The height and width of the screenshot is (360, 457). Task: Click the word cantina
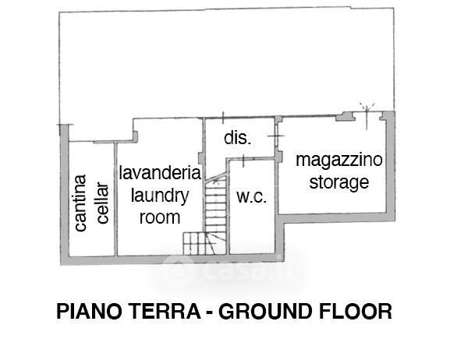pos(80,203)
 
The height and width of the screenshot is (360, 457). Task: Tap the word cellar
pos(103,203)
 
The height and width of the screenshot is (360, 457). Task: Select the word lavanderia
pos(160,173)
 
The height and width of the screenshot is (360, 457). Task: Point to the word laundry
pos(160,196)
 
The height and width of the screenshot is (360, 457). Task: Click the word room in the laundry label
pos(160,217)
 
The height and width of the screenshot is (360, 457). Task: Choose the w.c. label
pos(252,197)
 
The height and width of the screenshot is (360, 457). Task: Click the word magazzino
pos(339,160)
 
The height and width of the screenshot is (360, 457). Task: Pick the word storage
pos(339,182)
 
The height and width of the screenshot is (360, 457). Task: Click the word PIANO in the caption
pos(89,312)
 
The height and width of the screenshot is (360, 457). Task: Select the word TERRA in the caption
pos(165,312)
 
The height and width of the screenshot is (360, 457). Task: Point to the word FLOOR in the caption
pos(356,312)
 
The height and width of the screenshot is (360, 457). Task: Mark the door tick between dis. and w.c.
pos(243,161)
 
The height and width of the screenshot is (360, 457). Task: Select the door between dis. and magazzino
pos(276,136)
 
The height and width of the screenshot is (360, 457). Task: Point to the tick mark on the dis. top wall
pos(223,118)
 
